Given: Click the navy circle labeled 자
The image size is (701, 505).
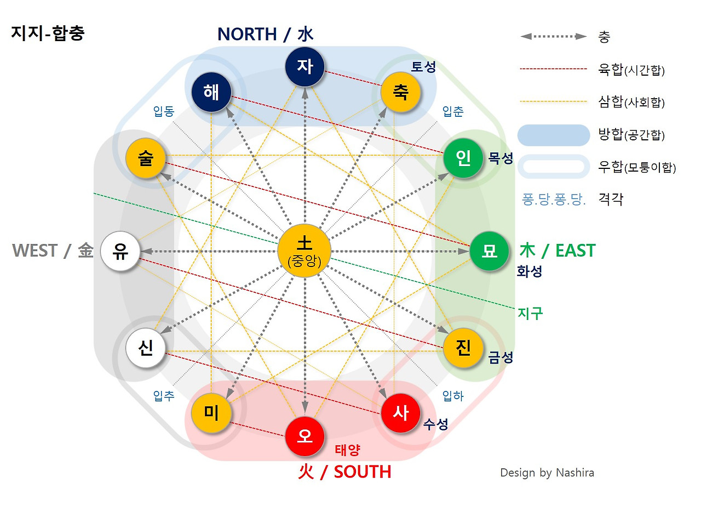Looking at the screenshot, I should coord(305,66).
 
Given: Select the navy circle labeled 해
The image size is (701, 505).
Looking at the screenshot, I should coord(211,92).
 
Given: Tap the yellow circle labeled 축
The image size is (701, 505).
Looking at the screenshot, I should coord(401,92).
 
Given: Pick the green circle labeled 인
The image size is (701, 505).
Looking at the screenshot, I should coord(463,160).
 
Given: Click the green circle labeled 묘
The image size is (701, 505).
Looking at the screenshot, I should coord(489,251).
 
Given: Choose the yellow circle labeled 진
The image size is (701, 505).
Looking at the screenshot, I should coord(463,347).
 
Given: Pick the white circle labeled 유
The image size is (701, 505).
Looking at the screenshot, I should coord(120,251).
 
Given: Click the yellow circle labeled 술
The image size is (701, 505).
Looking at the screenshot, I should coord(146,160).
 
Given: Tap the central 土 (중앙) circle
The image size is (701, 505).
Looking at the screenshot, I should coord(304,251).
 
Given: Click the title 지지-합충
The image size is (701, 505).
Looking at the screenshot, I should coord(48,33).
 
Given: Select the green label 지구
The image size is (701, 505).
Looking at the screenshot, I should coord(530,313).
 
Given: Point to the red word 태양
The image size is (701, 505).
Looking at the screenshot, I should coord(348,450).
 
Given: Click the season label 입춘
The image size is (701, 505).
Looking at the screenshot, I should coord(453,112).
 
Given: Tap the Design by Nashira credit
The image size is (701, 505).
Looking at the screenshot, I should coord(547,473).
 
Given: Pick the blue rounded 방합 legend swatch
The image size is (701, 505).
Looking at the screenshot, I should coord(554,135).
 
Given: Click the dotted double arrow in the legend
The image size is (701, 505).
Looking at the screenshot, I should coord(554,37).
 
